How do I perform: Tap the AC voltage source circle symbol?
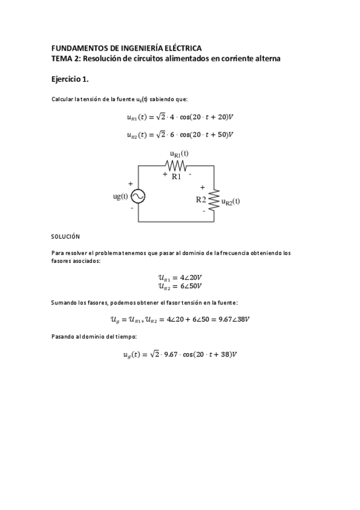(x=138, y=197)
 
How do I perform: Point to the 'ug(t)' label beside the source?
(x=121, y=196)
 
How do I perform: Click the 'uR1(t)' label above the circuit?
(x=179, y=154)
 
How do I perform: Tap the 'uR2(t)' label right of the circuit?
(x=231, y=202)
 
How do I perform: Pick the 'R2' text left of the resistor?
(x=201, y=199)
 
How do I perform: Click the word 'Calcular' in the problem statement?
(x=63, y=100)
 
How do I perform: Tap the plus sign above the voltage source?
(x=130, y=183)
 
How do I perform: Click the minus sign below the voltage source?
(x=132, y=208)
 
